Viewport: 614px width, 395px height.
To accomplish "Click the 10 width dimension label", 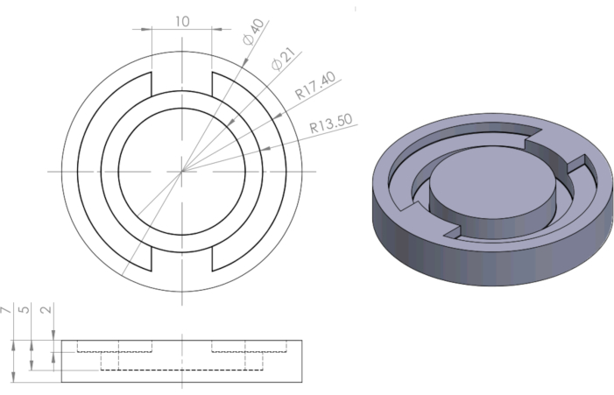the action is tap(182, 22).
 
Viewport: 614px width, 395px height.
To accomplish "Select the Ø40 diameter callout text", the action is tap(253, 32).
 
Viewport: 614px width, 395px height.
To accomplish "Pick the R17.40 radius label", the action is tap(315, 85).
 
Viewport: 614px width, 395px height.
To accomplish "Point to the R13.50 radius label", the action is tap(331, 123).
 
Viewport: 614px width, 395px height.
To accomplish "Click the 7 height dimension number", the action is tap(5, 310).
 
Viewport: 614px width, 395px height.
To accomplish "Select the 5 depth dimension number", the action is tap(25, 309).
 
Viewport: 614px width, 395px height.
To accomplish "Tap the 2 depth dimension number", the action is tap(46, 309).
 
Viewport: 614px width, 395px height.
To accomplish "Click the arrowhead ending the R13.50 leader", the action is tap(265, 148).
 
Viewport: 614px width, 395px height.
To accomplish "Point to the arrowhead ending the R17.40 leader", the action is tap(277, 116).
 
